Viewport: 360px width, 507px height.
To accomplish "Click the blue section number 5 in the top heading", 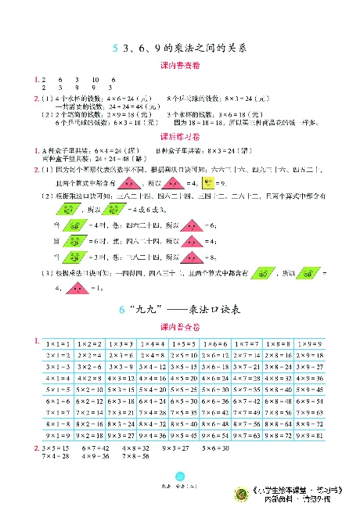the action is pyautogui.click(x=114, y=48).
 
